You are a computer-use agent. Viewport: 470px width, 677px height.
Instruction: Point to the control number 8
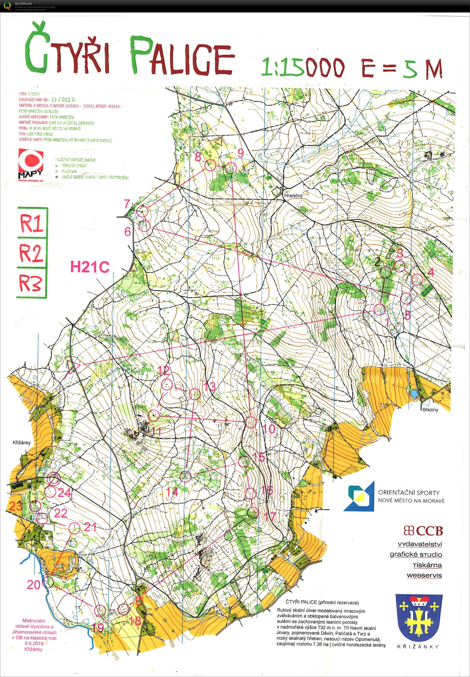198,157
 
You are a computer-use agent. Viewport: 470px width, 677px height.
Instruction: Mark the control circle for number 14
186,476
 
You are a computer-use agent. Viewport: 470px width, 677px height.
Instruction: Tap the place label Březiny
430,410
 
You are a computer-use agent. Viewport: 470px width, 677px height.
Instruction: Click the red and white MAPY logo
31,165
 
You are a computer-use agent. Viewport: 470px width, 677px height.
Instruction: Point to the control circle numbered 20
48,582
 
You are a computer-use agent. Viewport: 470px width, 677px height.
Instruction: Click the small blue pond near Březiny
414,394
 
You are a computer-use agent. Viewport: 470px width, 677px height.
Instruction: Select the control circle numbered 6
144,226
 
